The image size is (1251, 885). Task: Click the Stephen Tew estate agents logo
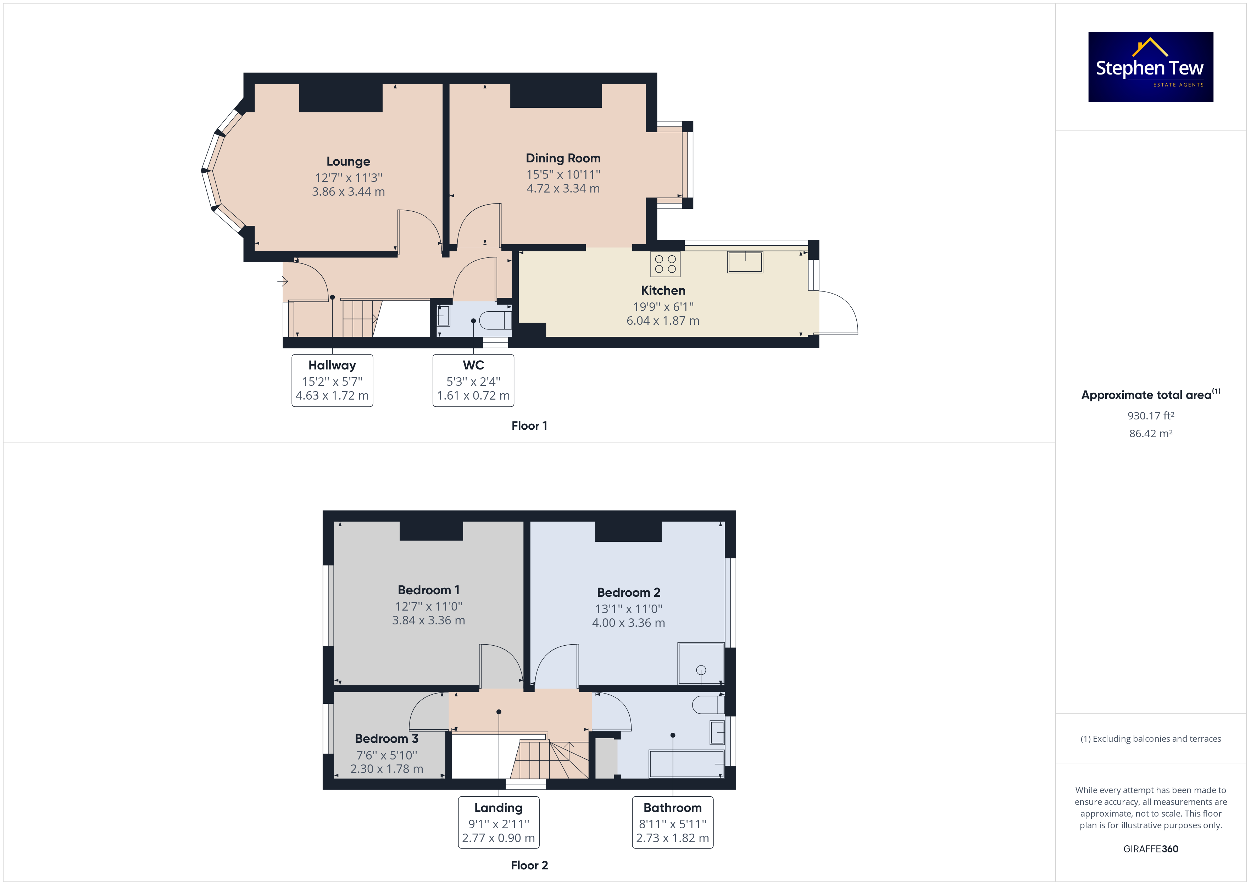coord(1150,67)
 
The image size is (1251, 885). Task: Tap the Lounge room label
coord(348,161)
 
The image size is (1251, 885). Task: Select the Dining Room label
coord(563,158)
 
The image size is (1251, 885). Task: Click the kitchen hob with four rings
coord(665,264)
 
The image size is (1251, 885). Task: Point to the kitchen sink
coord(745,262)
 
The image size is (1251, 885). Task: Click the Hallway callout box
coord(332,380)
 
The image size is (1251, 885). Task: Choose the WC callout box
coord(473,380)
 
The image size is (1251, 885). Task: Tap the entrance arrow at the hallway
coord(282,281)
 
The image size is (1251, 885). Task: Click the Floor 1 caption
coord(529,425)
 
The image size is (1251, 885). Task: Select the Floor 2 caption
coord(529,865)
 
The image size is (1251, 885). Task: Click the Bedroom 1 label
coord(428,590)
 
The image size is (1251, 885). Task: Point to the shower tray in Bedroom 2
coord(701,664)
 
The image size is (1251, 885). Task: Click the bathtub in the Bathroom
coord(686,764)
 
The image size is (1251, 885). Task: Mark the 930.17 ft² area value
coord(1151,416)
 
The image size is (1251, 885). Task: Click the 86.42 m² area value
coord(1151,434)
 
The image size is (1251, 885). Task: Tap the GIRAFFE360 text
coord(1151,849)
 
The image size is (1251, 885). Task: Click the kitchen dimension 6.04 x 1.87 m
coord(662,321)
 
